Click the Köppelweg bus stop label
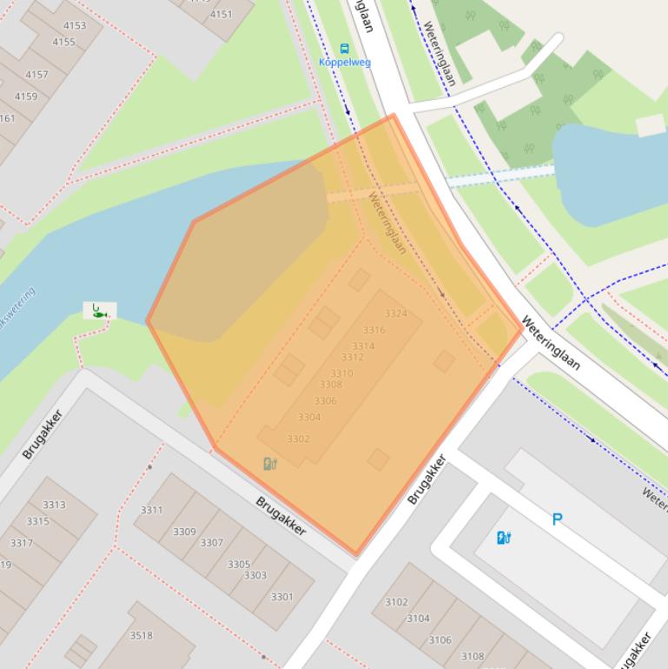pyautogui.click(x=345, y=63)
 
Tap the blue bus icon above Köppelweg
pyautogui.click(x=345, y=49)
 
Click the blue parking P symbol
pyautogui.click(x=558, y=520)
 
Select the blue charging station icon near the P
pyautogui.click(x=503, y=538)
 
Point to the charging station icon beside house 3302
pyautogui.click(x=270, y=464)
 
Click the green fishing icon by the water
pyautogui.click(x=99, y=309)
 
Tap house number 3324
pyautogui.click(x=395, y=314)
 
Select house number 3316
pyautogui.click(x=374, y=330)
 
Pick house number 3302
pyautogui.click(x=298, y=440)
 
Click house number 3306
pyautogui.click(x=325, y=401)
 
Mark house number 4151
pyautogui.click(x=222, y=14)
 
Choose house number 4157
pyautogui.click(x=37, y=75)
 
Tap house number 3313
pyautogui.click(x=54, y=505)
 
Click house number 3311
pyautogui.click(x=151, y=510)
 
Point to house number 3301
pyautogui.click(x=281, y=597)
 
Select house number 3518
pyautogui.click(x=141, y=635)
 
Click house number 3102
pyautogui.click(x=396, y=602)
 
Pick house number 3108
pyautogui.click(x=472, y=657)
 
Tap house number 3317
pyautogui.click(x=21, y=543)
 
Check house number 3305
pyautogui.click(x=238, y=565)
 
